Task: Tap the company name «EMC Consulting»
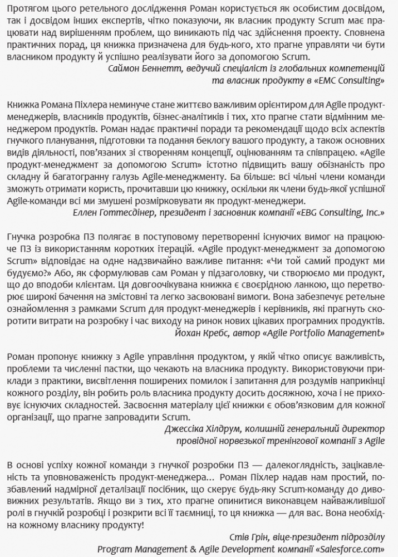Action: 350,80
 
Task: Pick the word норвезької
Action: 236,442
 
